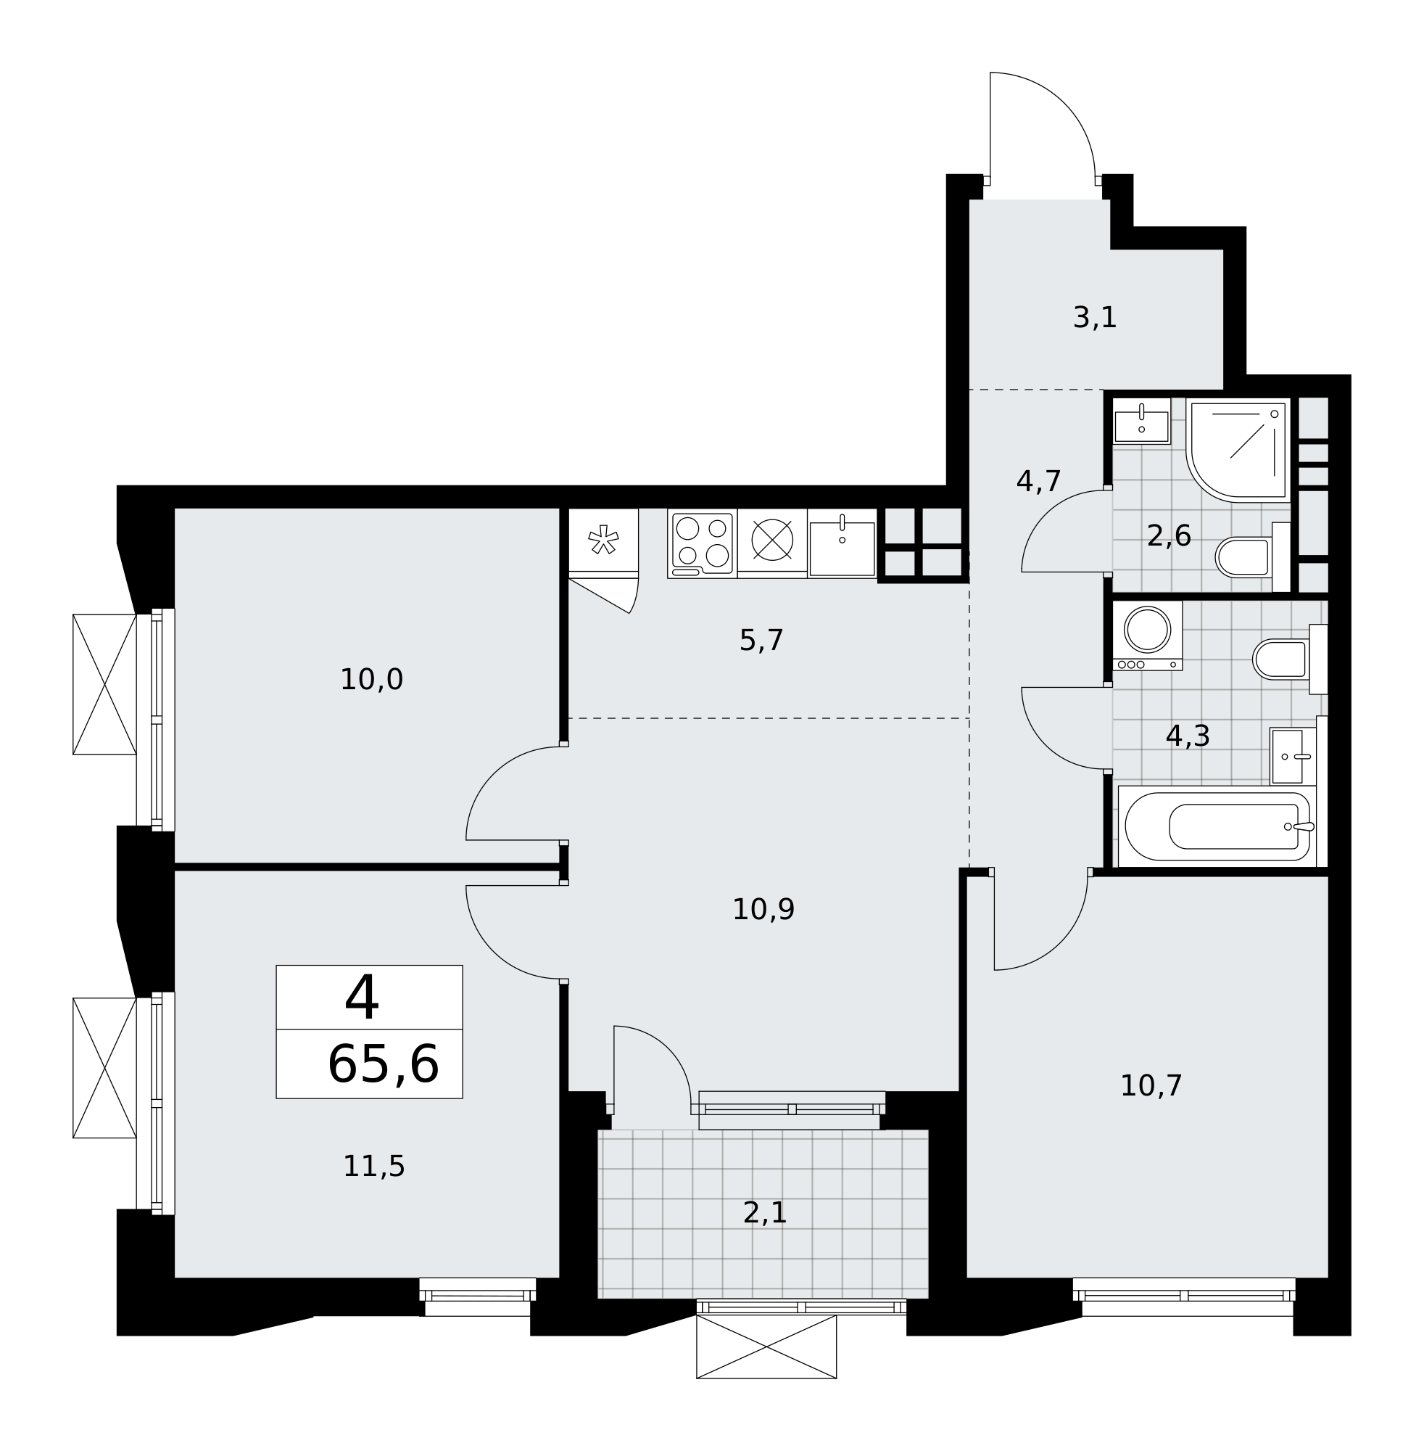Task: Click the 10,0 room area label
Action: point(372,680)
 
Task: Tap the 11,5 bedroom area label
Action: point(374,1167)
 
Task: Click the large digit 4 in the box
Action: point(362,998)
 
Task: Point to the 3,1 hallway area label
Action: point(1095,317)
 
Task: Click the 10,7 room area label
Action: point(1151,1086)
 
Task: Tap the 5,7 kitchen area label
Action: point(761,641)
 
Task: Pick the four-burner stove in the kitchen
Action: point(703,544)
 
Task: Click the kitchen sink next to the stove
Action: point(842,544)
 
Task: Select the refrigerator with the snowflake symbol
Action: point(603,541)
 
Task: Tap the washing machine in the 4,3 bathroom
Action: point(1147,636)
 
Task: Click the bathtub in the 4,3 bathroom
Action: point(1217,826)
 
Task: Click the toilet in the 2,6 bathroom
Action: point(1253,556)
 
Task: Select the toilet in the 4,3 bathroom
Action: point(1290,659)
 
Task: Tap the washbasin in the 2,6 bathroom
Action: point(1141,424)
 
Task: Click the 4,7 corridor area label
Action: point(1039,481)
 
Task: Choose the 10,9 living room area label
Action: point(763,910)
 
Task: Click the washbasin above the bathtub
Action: point(1293,757)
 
